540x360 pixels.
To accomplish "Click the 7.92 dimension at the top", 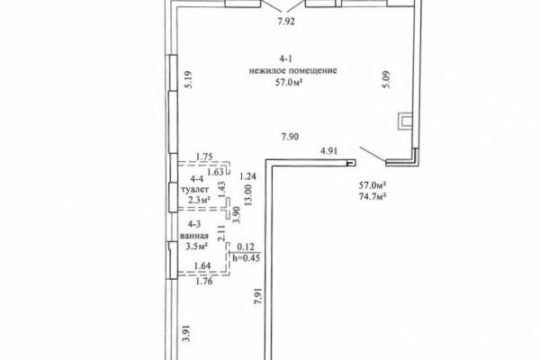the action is pyautogui.click(x=286, y=22).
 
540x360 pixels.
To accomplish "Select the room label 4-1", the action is pyautogui.click(x=286, y=58).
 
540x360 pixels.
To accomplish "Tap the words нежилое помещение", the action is pyautogui.click(x=293, y=70).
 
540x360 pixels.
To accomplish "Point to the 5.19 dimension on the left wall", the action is pyautogui.click(x=188, y=79).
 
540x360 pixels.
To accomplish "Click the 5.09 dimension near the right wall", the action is pyautogui.click(x=386, y=79).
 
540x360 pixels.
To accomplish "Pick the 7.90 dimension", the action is pyautogui.click(x=290, y=137).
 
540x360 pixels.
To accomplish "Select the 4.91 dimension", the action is pyautogui.click(x=328, y=151).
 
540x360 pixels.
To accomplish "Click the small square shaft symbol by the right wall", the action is pyautogui.click(x=405, y=121).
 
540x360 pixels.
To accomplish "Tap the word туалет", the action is pyautogui.click(x=195, y=190).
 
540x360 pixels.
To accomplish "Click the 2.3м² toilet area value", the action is pyautogui.click(x=197, y=200).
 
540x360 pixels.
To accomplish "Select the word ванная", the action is pyautogui.click(x=194, y=236).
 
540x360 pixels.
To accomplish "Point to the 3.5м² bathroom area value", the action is pyautogui.click(x=196, y=247).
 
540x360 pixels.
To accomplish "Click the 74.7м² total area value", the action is pyautogui.click(x=373, y=197).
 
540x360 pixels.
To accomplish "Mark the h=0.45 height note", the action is pyautogui.click(x=247, y=257).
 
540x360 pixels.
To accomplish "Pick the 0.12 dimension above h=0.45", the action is pyautogui.click(x=246, y=247).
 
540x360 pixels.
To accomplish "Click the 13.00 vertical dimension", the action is pyautogui.click(x=248, y=195).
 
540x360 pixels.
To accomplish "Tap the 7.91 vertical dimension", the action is pyautogui.click(x=258, y=296).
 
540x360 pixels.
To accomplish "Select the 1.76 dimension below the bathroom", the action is pyautogui.click(x=204, y=282).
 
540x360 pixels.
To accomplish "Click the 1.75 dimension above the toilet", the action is pyautogui.click(x=204, y=157).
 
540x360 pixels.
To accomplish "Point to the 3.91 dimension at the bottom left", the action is pyautogui.click(x=186, y=334).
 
